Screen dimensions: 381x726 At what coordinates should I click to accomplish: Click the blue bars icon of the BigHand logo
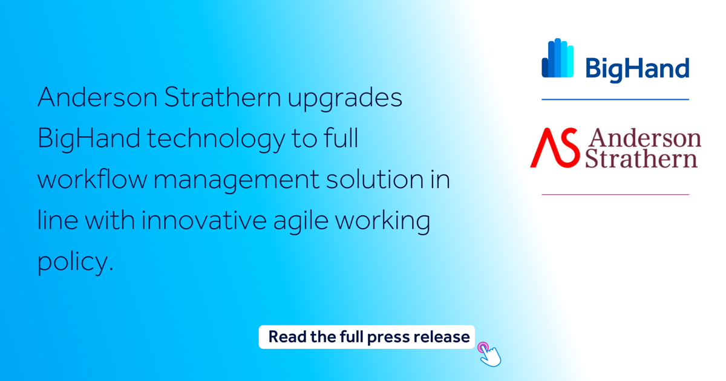[557, 59]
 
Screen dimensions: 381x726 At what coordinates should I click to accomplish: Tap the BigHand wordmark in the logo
[637, 68]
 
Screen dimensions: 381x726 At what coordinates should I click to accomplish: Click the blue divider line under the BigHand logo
[615, 99]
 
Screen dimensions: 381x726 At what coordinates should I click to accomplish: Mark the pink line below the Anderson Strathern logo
[615, 195]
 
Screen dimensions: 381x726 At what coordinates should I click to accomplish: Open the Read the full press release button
[367, 337]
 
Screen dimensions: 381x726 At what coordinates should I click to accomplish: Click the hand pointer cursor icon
[491, 356]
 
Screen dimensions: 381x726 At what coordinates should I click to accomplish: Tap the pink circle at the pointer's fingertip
[483, 347]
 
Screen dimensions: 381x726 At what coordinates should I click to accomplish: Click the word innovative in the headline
[204, 221]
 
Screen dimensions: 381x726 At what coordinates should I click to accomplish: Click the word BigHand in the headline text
[88, 140]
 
